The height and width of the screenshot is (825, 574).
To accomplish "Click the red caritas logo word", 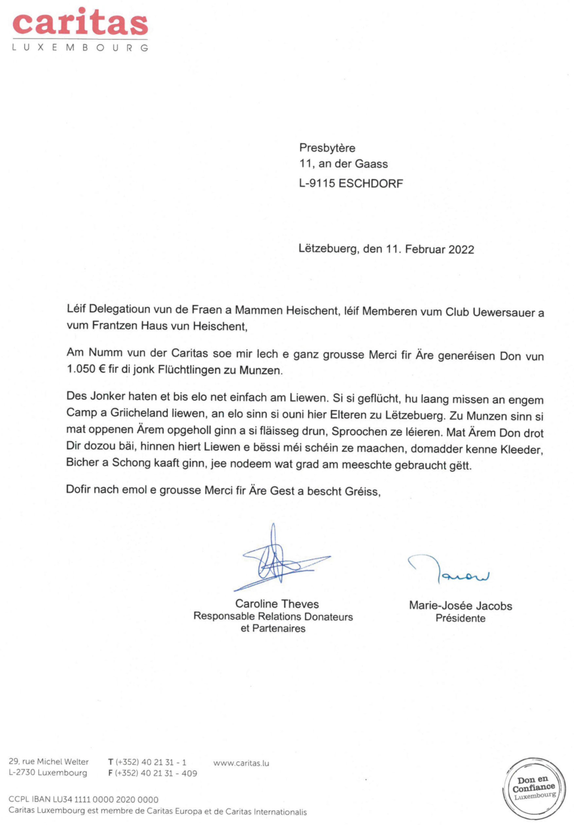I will coord(80,22).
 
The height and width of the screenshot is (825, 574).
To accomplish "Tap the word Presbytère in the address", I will coord(327,148).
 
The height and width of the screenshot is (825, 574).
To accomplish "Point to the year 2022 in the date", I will coord(461,249).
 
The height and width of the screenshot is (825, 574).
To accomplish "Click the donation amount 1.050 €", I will coord(86,370).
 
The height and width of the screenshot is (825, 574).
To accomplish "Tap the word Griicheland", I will coord(139,413).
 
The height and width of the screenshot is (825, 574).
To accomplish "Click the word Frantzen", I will coord(114,326).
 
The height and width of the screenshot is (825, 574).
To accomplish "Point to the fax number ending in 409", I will coord(152,773).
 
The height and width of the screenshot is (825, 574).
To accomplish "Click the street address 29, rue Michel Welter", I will coord(48,762).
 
